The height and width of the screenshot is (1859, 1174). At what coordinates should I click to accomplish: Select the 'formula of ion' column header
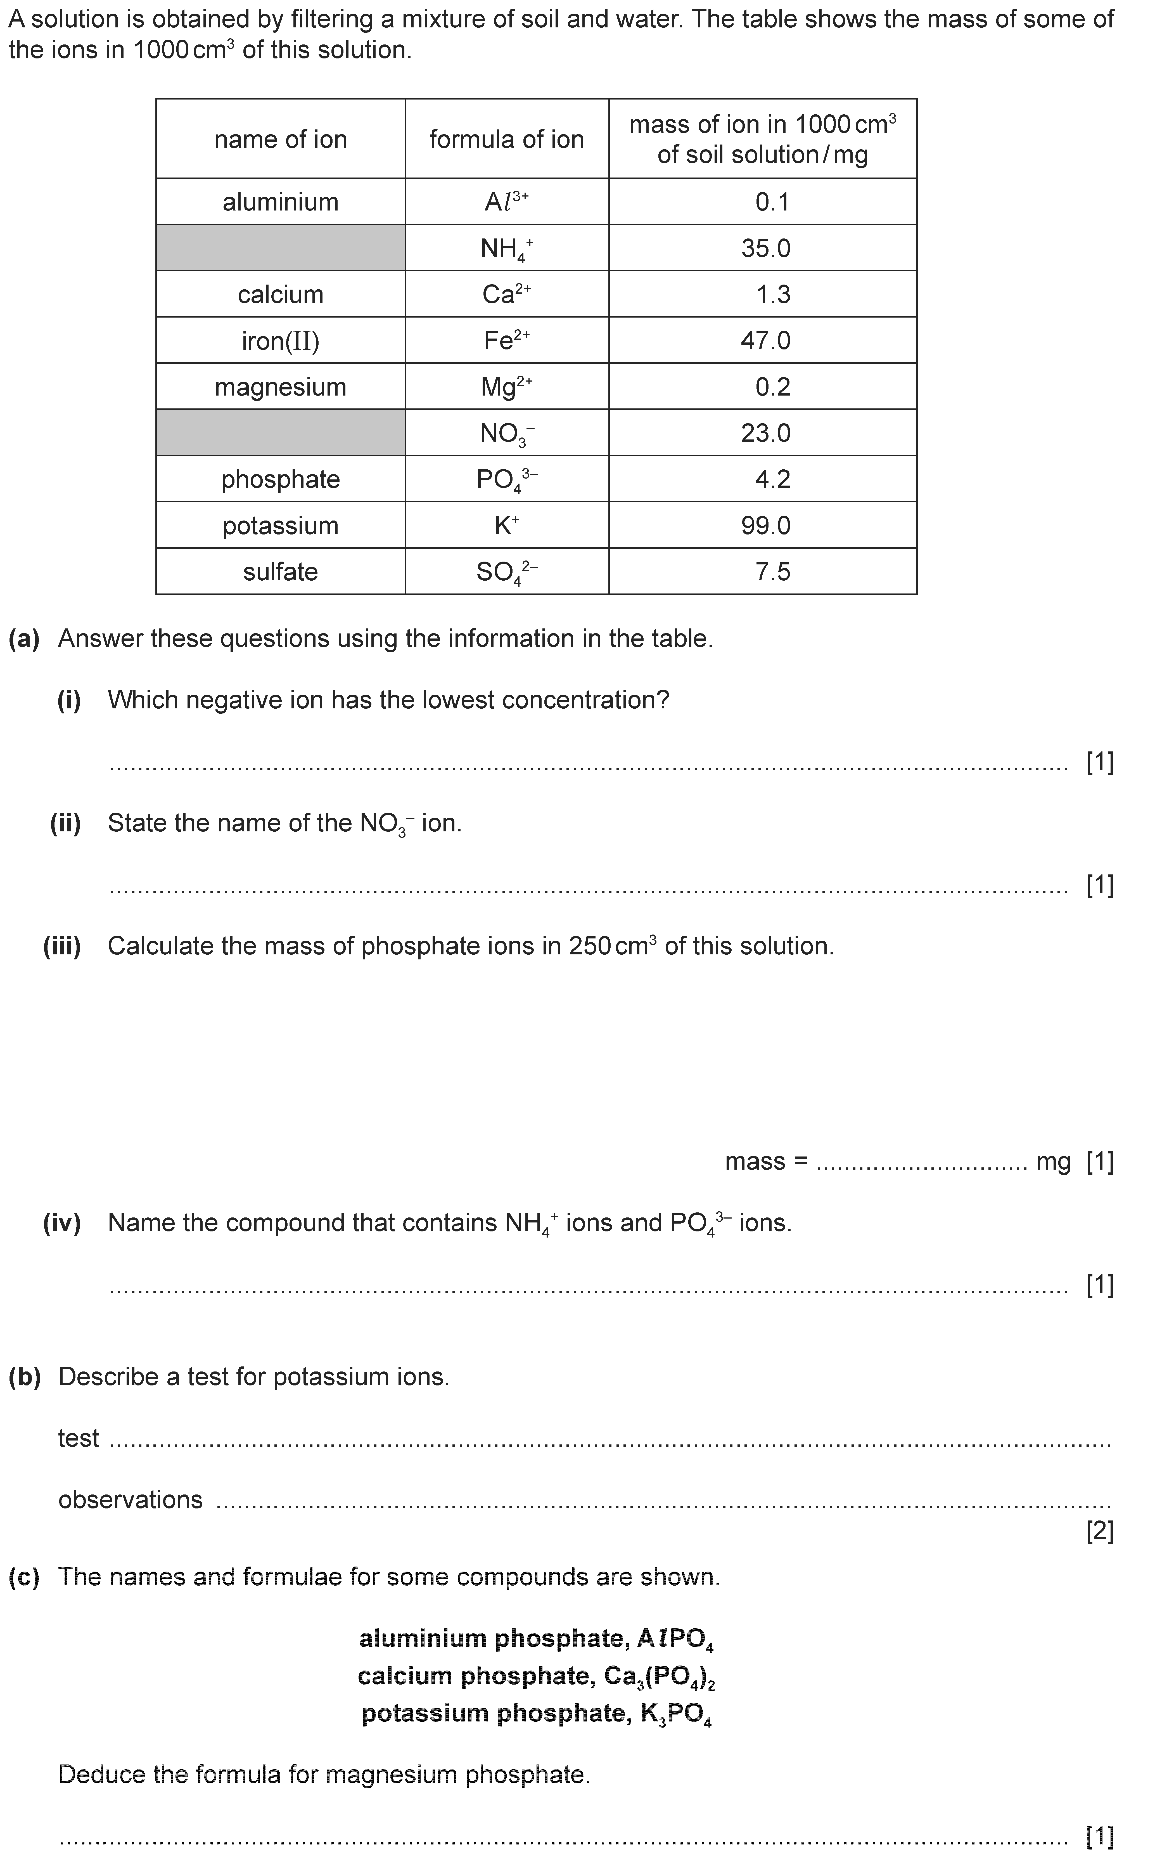[x=506, y=140]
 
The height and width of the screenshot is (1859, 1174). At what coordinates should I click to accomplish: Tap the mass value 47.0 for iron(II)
[x=766, y=340]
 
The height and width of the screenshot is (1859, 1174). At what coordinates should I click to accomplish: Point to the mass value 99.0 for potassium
[x=766, y=526]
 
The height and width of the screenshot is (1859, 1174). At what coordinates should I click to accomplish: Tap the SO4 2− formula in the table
[x=506, y=572]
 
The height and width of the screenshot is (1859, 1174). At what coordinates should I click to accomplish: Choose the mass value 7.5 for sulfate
[x=773, y=572]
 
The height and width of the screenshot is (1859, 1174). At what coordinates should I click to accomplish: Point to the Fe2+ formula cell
[x=506, y=340]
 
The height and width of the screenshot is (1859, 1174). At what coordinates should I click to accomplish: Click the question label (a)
[x=24, y=639]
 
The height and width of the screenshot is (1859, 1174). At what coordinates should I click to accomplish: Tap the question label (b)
[x=24, y=1377]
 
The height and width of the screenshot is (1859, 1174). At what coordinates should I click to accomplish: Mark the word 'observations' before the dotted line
[x=131, y=1500]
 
